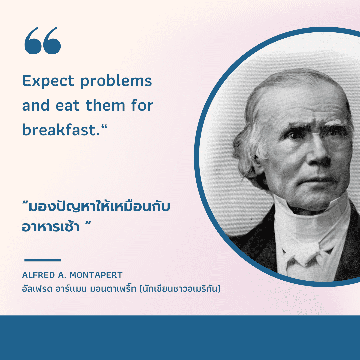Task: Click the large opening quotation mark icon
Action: coord(42,41)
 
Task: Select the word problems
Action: coord(116,82)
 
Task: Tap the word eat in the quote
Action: coord(67,106)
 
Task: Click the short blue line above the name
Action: coord(42,260)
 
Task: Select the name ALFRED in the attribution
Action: coord(38,275)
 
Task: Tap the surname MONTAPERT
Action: coord(96,275)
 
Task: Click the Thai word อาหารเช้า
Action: coord(51,226)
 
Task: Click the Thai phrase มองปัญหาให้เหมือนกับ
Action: coord(99,206)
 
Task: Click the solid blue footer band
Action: coord(180,337)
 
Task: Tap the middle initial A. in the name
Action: coord(62,275)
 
